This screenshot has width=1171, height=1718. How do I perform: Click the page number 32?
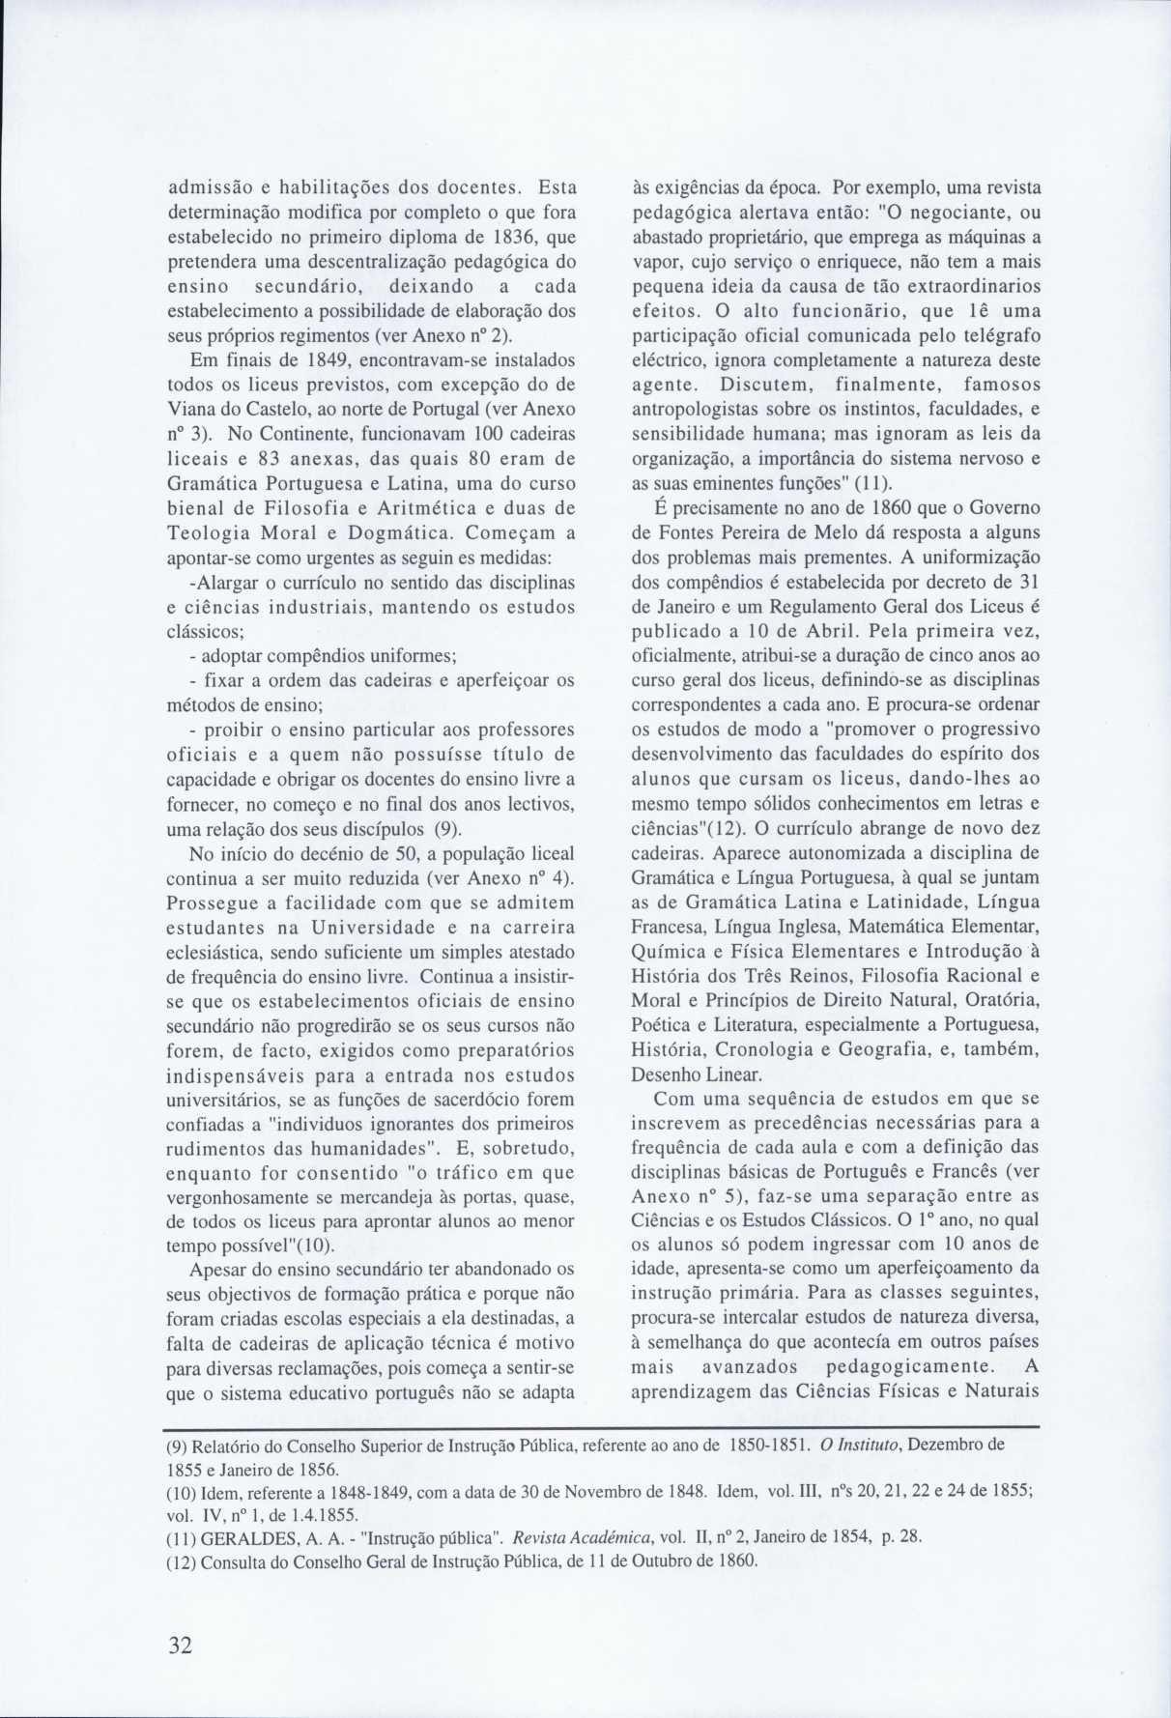click(180, 1646)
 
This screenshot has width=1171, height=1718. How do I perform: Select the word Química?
click(664, 950)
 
